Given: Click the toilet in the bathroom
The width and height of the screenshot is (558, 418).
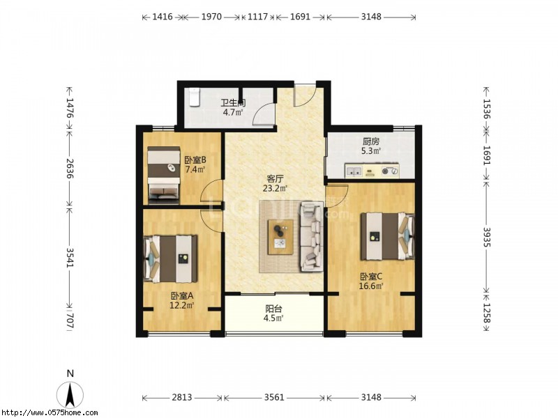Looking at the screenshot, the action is pyautogui.click(x=195, y=97).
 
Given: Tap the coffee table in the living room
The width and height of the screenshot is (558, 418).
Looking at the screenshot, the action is pyautogui.click(x=281, y=237).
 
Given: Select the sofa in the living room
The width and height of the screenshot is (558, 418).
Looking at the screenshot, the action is pyautogui.click(x=312, y=236).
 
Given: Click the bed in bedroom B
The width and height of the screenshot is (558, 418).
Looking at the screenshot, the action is pyautogui.click(x=164, y=175).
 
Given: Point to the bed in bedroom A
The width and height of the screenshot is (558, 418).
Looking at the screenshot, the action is pyautogui.click(x=170, y=258).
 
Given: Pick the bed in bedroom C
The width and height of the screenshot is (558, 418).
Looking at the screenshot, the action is pyautogui.click(x=388, y=236).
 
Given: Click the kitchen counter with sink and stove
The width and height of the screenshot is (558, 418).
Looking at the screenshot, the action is pyautogui.click(x=372, y=171).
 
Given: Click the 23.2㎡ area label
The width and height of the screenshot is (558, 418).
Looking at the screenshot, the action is pyautogui.click(x=275, y=188).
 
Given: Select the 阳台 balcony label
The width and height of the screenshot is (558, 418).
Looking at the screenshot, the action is pyautogui.click(x=273, y=309).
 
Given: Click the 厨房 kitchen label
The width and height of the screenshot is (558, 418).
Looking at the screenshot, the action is pyautogui.click(x=371, y=141).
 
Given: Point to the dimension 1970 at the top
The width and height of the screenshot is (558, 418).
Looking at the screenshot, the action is pyautogui.click(x=211, y=17).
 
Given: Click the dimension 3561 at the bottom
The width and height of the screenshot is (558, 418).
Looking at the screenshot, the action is pyautogui.click(x=274, y=397).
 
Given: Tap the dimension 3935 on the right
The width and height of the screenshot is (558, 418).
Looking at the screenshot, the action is pyautogui.click(x=486, y=237).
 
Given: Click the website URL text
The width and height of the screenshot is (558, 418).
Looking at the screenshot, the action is pyautogui.click(x=49, y=412).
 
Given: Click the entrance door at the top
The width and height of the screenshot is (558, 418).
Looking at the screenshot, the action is pyautogui.click(x=305, y=95).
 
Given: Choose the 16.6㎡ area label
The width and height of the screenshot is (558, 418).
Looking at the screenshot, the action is pyautogui.click(x=371, y=286).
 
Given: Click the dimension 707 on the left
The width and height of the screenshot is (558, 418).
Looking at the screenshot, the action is pyautogui.click(x=70, y=320).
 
